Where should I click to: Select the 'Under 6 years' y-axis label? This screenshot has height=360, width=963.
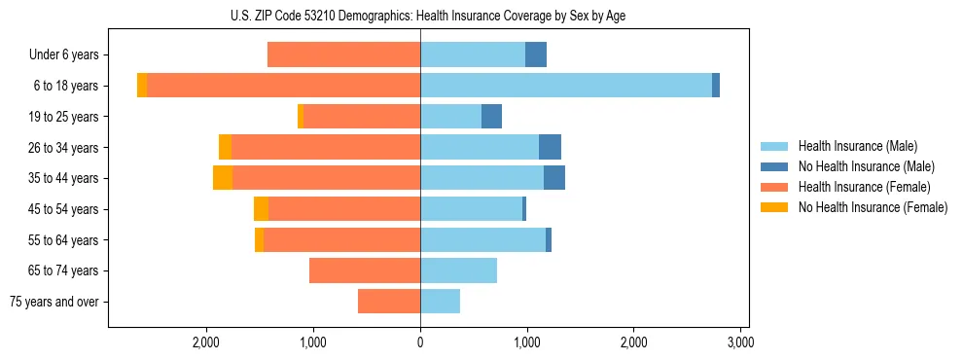(x=63, y=55)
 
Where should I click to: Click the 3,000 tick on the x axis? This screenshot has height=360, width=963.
(x=740, y=342)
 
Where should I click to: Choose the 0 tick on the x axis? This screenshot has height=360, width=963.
(x=420, y=342)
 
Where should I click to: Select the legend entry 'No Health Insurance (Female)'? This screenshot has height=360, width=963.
(x=873, y=207)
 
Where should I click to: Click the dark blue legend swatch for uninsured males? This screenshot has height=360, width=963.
(x=774, y=166)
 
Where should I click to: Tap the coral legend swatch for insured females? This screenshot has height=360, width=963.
(x=774, y=187)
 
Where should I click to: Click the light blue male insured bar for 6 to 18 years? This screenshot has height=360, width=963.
(x=566, y=86)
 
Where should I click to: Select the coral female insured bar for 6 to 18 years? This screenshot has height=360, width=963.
(x=283, y=86)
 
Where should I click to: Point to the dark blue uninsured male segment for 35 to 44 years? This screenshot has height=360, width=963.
(x=554, y=178)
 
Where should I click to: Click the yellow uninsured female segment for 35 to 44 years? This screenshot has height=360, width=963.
(x=223, y=178)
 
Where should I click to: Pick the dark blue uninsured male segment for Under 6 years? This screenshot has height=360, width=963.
(x=536, y=54)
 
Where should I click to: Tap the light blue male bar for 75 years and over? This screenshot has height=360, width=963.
(x=440, y=302)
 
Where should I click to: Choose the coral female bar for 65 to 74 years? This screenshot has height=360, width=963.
(x=365, y=270)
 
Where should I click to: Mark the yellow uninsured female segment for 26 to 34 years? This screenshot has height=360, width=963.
(x=225, y=147)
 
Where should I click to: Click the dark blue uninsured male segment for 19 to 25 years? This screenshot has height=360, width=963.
(x=491, y=117)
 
